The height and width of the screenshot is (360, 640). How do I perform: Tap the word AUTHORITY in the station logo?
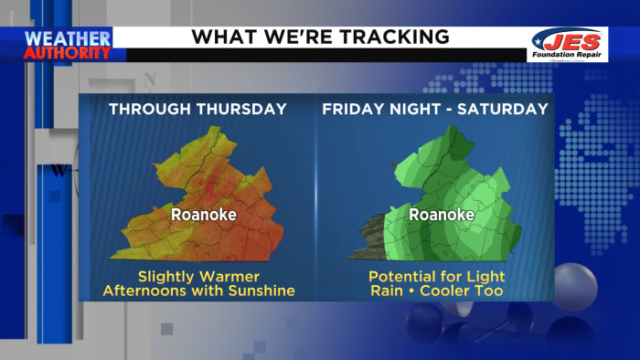click(67, 52)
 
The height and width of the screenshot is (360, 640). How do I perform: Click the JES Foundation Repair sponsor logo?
click(568, 43)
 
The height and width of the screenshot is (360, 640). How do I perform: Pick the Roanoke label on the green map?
click(441, 215)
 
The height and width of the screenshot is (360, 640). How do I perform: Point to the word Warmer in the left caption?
click(233, 275)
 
